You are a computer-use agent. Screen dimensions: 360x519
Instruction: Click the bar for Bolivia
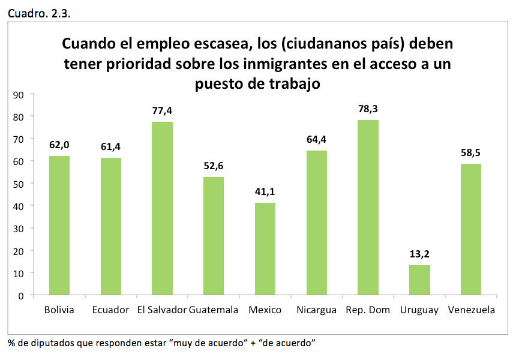[x=59, y=226]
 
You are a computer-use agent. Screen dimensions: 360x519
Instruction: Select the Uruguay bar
[x=419, y=280]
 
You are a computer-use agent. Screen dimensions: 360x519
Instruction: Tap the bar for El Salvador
[x=162, y=208]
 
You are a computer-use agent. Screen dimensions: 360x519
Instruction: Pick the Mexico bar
[x=265, y=249]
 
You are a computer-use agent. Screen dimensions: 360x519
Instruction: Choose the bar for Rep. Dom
[x=368, y=208]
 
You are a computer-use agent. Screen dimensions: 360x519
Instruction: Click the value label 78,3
[x=368, y=109]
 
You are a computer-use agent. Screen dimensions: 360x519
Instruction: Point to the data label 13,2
[x=419, y=254]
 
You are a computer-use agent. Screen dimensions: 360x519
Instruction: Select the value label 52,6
[x=214, y=166]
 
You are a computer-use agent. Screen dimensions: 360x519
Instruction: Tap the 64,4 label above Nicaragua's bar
[x=317, y=140]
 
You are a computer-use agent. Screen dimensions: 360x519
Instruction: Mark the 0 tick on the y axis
[x=20, y=295]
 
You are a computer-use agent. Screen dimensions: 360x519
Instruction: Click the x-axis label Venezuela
[x=471, y=310]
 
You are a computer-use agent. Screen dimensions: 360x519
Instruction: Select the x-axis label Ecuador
[x=111, y=310]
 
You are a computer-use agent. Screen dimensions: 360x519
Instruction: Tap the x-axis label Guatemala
[x=214, y=310]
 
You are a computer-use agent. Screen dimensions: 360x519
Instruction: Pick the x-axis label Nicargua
[x=316, y=310]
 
